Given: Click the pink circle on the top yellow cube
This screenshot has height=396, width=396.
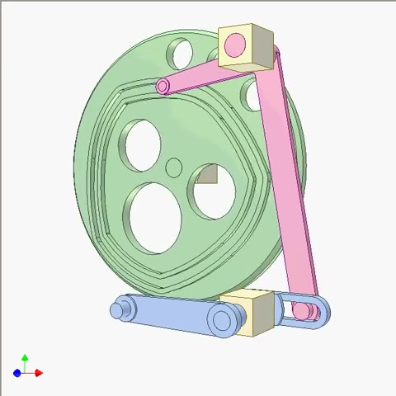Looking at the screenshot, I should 234,43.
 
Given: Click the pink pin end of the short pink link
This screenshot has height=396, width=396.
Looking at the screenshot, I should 163,86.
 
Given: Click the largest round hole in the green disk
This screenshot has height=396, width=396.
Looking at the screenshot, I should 154,217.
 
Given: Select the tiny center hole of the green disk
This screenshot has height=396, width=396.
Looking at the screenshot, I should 174,168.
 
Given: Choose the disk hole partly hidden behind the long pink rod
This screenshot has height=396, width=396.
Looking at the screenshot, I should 252,96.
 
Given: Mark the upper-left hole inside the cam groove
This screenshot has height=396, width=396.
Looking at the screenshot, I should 141,145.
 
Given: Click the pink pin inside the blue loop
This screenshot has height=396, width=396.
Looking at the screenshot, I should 304,311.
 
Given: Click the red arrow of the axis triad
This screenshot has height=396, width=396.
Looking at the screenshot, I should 38,373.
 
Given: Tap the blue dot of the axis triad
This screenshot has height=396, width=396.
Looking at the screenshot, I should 17,374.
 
